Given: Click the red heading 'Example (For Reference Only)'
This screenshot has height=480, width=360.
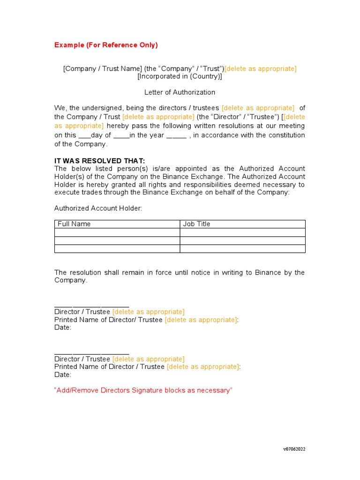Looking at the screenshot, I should pos(106,45).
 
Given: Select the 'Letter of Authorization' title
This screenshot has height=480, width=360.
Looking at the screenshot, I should pos(180,92).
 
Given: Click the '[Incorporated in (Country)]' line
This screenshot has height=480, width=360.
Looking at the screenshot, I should pos(180,76).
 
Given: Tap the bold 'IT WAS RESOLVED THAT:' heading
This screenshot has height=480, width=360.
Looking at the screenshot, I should pos(100,161).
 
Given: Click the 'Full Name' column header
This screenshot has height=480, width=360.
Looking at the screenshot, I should pos(74,224).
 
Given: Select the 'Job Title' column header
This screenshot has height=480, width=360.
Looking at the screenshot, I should pos(196,224).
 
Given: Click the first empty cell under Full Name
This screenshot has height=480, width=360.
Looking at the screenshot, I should pos(117,232).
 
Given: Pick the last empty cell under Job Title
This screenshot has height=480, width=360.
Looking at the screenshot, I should pos(242,249).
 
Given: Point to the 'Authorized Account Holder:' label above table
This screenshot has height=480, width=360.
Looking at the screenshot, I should pos(98,208).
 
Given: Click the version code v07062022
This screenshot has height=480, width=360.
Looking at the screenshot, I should pos(294,449).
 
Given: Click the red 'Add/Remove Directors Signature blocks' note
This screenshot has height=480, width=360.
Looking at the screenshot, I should pos(143,390).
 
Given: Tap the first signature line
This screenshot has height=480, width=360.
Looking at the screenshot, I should pos(92,305).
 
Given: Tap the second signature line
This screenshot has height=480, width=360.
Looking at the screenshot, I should pos(92,352).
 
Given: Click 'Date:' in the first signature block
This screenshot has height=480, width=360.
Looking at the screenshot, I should pos(63,328).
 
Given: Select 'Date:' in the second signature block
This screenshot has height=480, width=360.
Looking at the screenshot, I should pos(63,375).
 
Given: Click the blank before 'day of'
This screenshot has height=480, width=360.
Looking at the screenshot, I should pos(84,136).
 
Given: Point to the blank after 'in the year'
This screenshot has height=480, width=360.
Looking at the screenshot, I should pos(176,136).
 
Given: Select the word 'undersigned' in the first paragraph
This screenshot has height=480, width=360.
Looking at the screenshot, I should pos(101,108).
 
